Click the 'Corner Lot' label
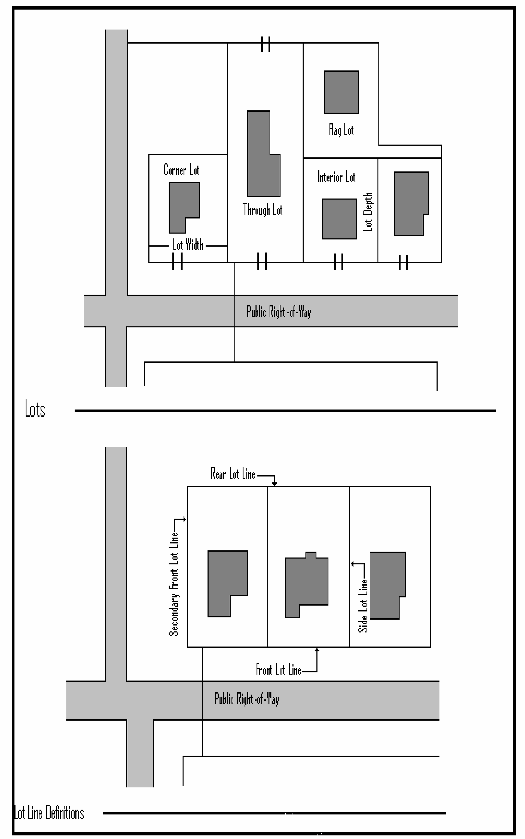pyautogui.click(x=181, y=170)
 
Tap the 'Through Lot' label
pyautogui.click(x=263, y=210)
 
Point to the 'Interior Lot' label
pyautogui.click(x=336, y=177)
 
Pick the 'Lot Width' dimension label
pyautogui.click(x=188, y=245)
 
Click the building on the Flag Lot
pyautogui.click(x=341, y=92)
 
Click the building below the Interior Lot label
pyautogui.click(x=339, y=219)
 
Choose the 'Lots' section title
pyautogui.click(x=35, y=409)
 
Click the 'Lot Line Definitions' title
pyautogui.click(x=49, y=813)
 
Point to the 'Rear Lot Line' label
pyautogui.click(x=233, y=474)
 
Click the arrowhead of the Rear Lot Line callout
pyautogui.click(x=274, y=484)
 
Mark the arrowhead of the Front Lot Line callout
pyautogui.click(x=317, y=650)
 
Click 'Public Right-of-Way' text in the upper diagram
pyautogui.click(x=279, y=312)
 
